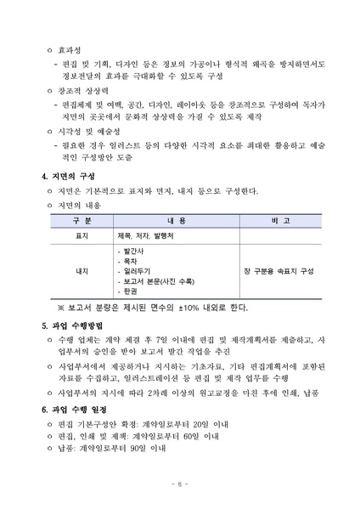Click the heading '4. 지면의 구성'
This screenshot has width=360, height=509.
[68, 176]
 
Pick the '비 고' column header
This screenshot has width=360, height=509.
[278, 219]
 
